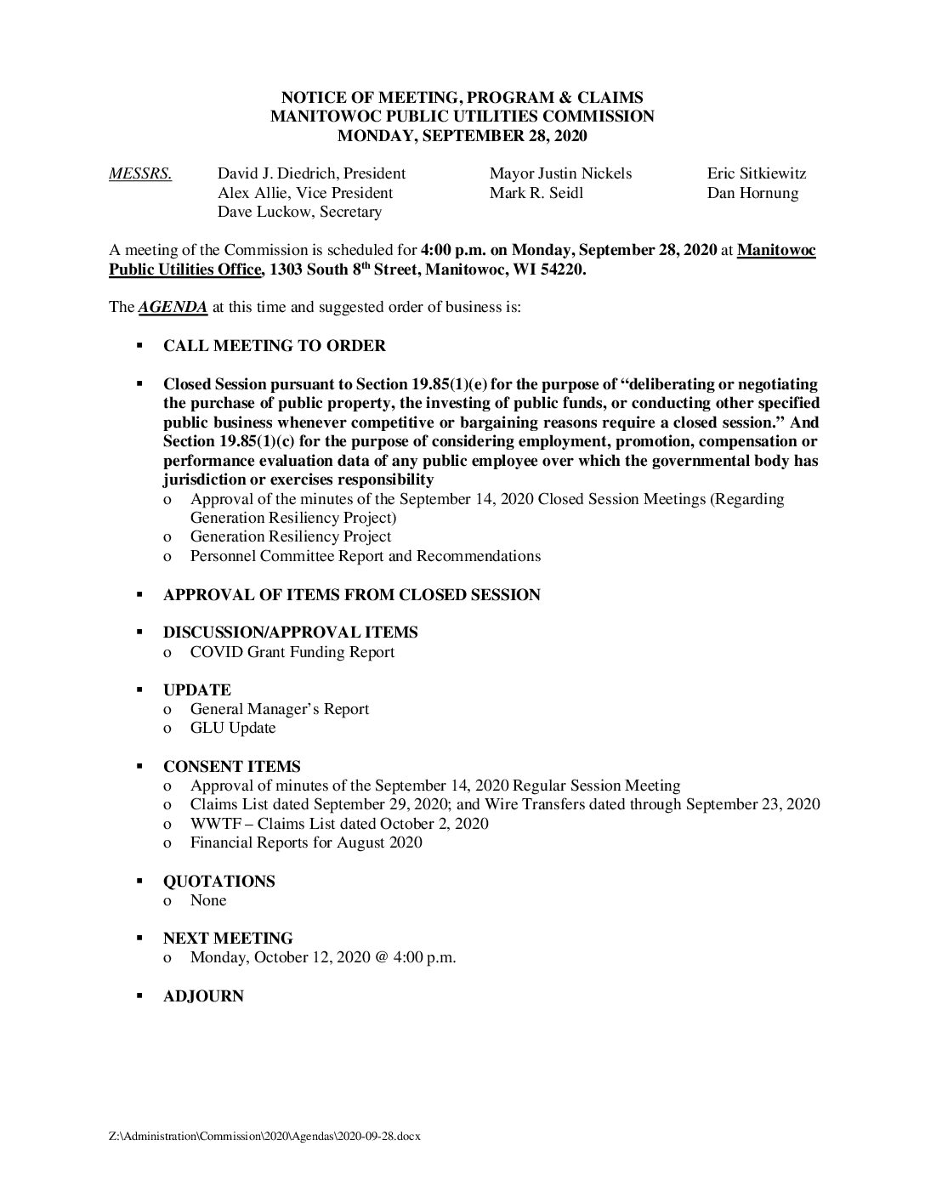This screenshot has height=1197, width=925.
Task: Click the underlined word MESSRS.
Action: [140, 174]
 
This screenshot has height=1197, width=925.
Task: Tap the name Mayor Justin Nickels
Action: [560, 174]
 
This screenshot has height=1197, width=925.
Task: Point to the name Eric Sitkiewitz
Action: [756, 174]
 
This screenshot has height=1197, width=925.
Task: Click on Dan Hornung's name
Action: [752, 194]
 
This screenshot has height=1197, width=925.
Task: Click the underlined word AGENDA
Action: [173, 307]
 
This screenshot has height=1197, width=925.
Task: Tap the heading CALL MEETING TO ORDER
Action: [274, 346]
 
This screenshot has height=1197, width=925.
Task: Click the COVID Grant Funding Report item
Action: [292, 653]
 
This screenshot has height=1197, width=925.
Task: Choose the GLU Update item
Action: [232, 729]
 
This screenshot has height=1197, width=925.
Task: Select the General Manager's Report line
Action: [279, 710]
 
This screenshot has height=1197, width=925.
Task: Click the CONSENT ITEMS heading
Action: [231, 767]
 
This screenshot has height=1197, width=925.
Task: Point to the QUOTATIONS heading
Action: [218, 882]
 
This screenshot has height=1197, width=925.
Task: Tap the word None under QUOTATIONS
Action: [208, 900]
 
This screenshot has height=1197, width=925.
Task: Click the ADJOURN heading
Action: [203, 996]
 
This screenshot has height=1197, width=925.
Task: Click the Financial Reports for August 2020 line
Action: [305, 843]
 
